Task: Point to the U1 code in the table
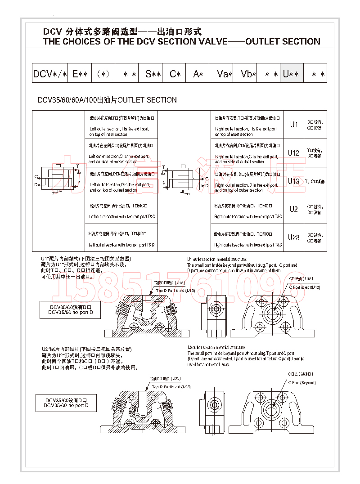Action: coord(293,125)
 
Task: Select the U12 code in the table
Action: coord(293,153)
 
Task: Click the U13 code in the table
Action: coord(293,181)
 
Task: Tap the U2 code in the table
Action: coord(293,209)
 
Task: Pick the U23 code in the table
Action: coord(293,237)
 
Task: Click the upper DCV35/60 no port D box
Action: coord(70,309)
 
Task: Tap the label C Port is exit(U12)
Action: coord(304,287)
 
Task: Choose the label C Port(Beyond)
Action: coord(302,382)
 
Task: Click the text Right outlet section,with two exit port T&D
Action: coord(248,245)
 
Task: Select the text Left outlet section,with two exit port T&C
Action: coord(122,217)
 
